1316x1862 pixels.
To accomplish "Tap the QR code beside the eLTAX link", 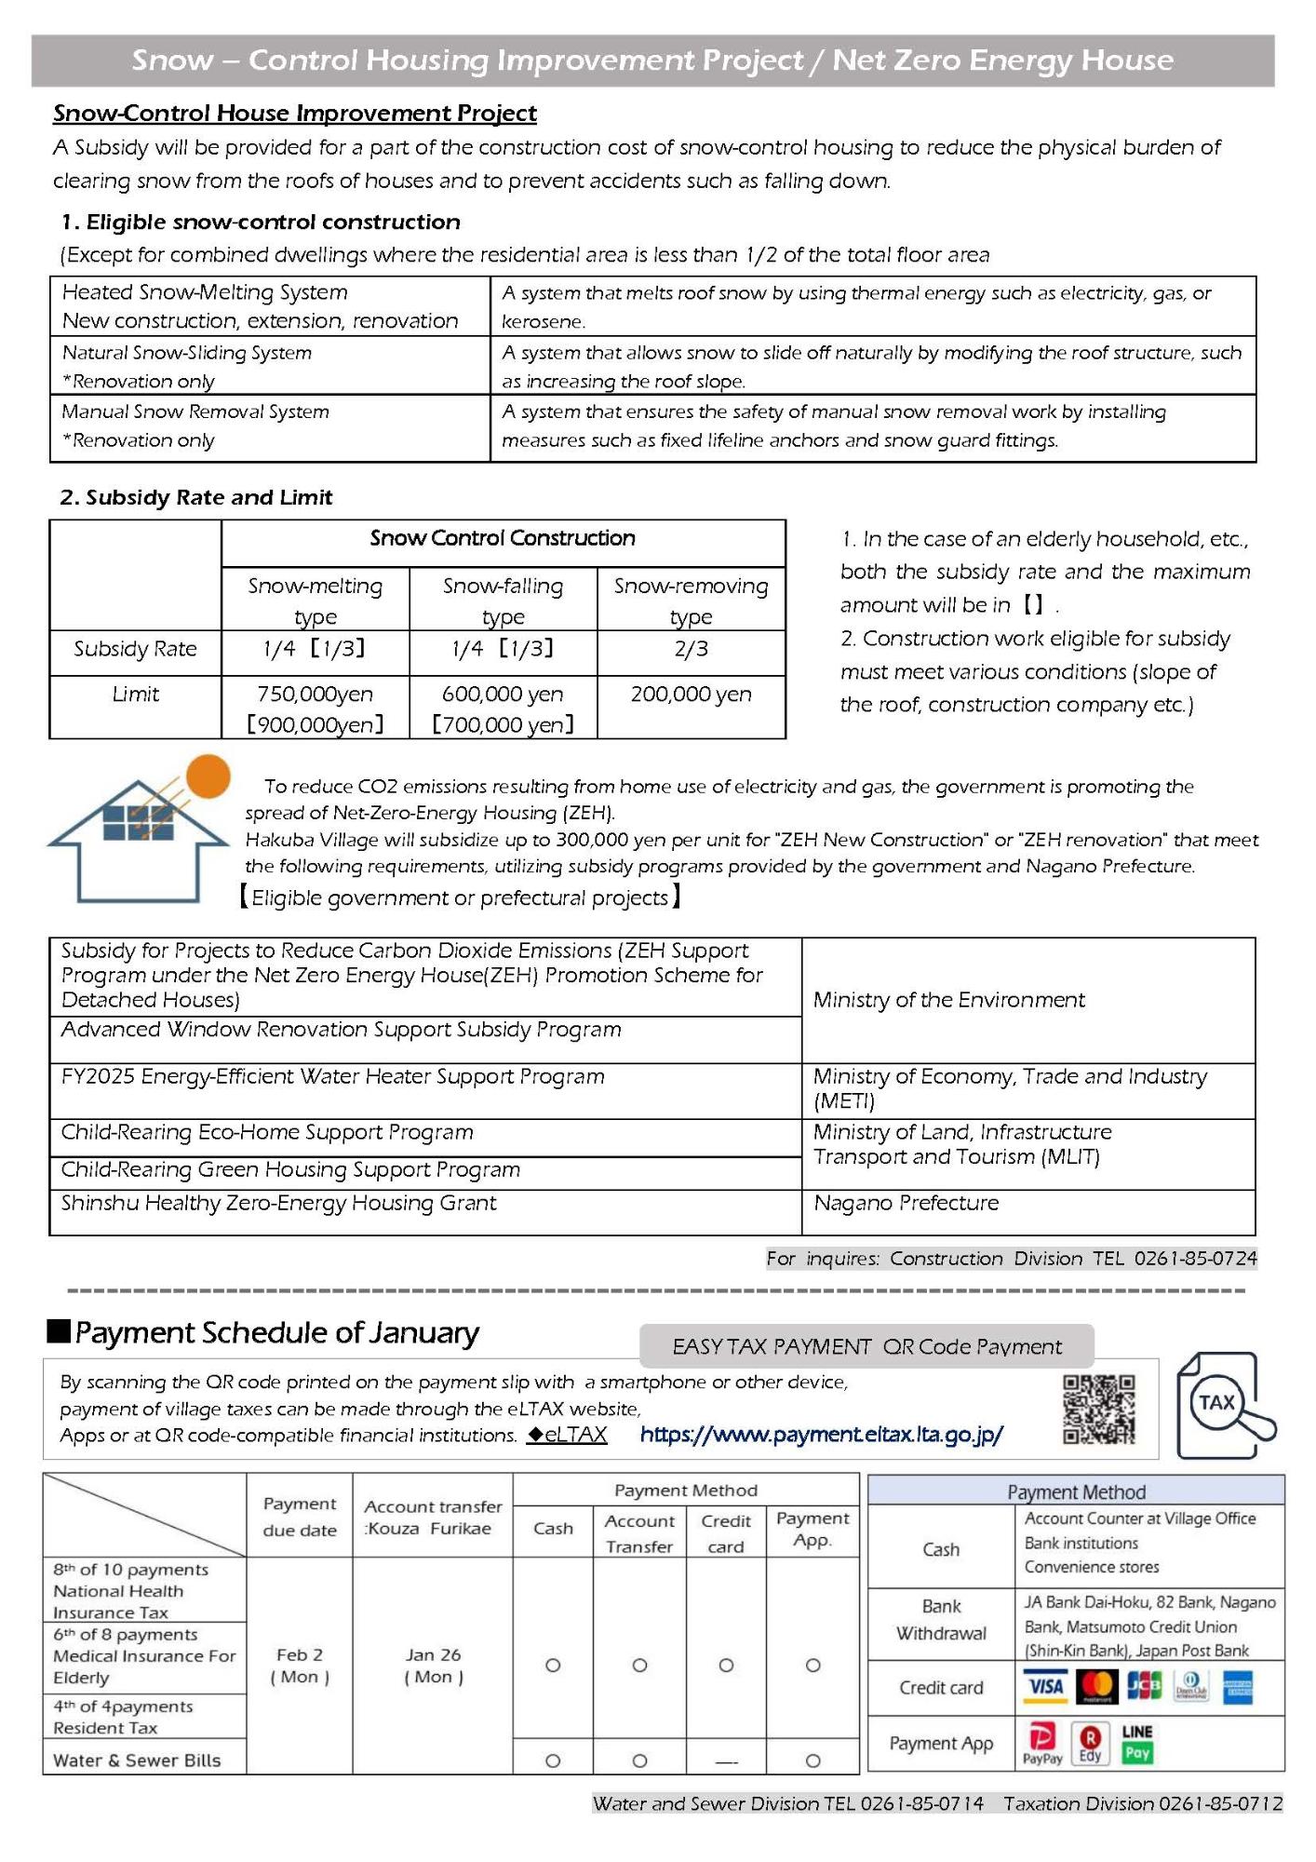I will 1099,1409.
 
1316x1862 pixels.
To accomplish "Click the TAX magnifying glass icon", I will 1225,1406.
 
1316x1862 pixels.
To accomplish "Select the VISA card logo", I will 1046,1686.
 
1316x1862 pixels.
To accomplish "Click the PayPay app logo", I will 1042,1743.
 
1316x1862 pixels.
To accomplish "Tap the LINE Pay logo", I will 1137,1743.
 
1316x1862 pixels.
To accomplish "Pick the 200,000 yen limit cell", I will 691,695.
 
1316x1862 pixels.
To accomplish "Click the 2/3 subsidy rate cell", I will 691,649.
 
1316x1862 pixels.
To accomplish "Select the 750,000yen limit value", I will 315,695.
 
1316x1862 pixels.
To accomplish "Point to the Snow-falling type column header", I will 503,600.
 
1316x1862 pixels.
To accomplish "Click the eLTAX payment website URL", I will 821,1435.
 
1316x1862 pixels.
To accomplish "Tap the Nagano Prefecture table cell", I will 906,1203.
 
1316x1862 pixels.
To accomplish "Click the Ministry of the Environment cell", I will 948,1000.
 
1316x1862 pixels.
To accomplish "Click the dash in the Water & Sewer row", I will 726,1761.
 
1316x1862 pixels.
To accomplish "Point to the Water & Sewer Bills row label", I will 137,1761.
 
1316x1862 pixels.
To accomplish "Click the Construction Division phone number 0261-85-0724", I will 1195,1259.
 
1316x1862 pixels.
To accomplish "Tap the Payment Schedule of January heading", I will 276,1333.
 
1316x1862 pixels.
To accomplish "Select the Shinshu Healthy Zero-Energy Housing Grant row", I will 278,1203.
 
